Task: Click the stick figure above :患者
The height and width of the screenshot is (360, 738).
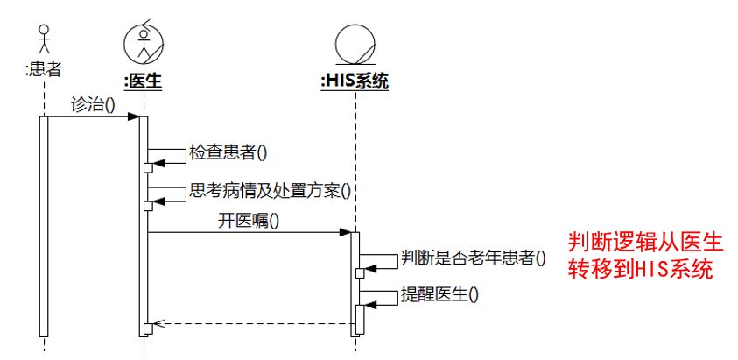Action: [43, 39]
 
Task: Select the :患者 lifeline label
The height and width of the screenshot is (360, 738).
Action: [43, 68]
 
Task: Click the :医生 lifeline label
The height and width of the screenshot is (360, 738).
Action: [143, 81]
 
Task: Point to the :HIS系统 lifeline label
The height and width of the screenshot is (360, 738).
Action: [355, 81]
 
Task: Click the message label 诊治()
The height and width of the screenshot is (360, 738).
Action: [93, 103]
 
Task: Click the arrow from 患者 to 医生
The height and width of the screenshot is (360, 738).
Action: [92, 116]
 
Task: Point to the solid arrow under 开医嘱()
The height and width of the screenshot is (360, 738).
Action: [250, 233]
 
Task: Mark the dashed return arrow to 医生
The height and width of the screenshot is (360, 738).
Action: [254, 323]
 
